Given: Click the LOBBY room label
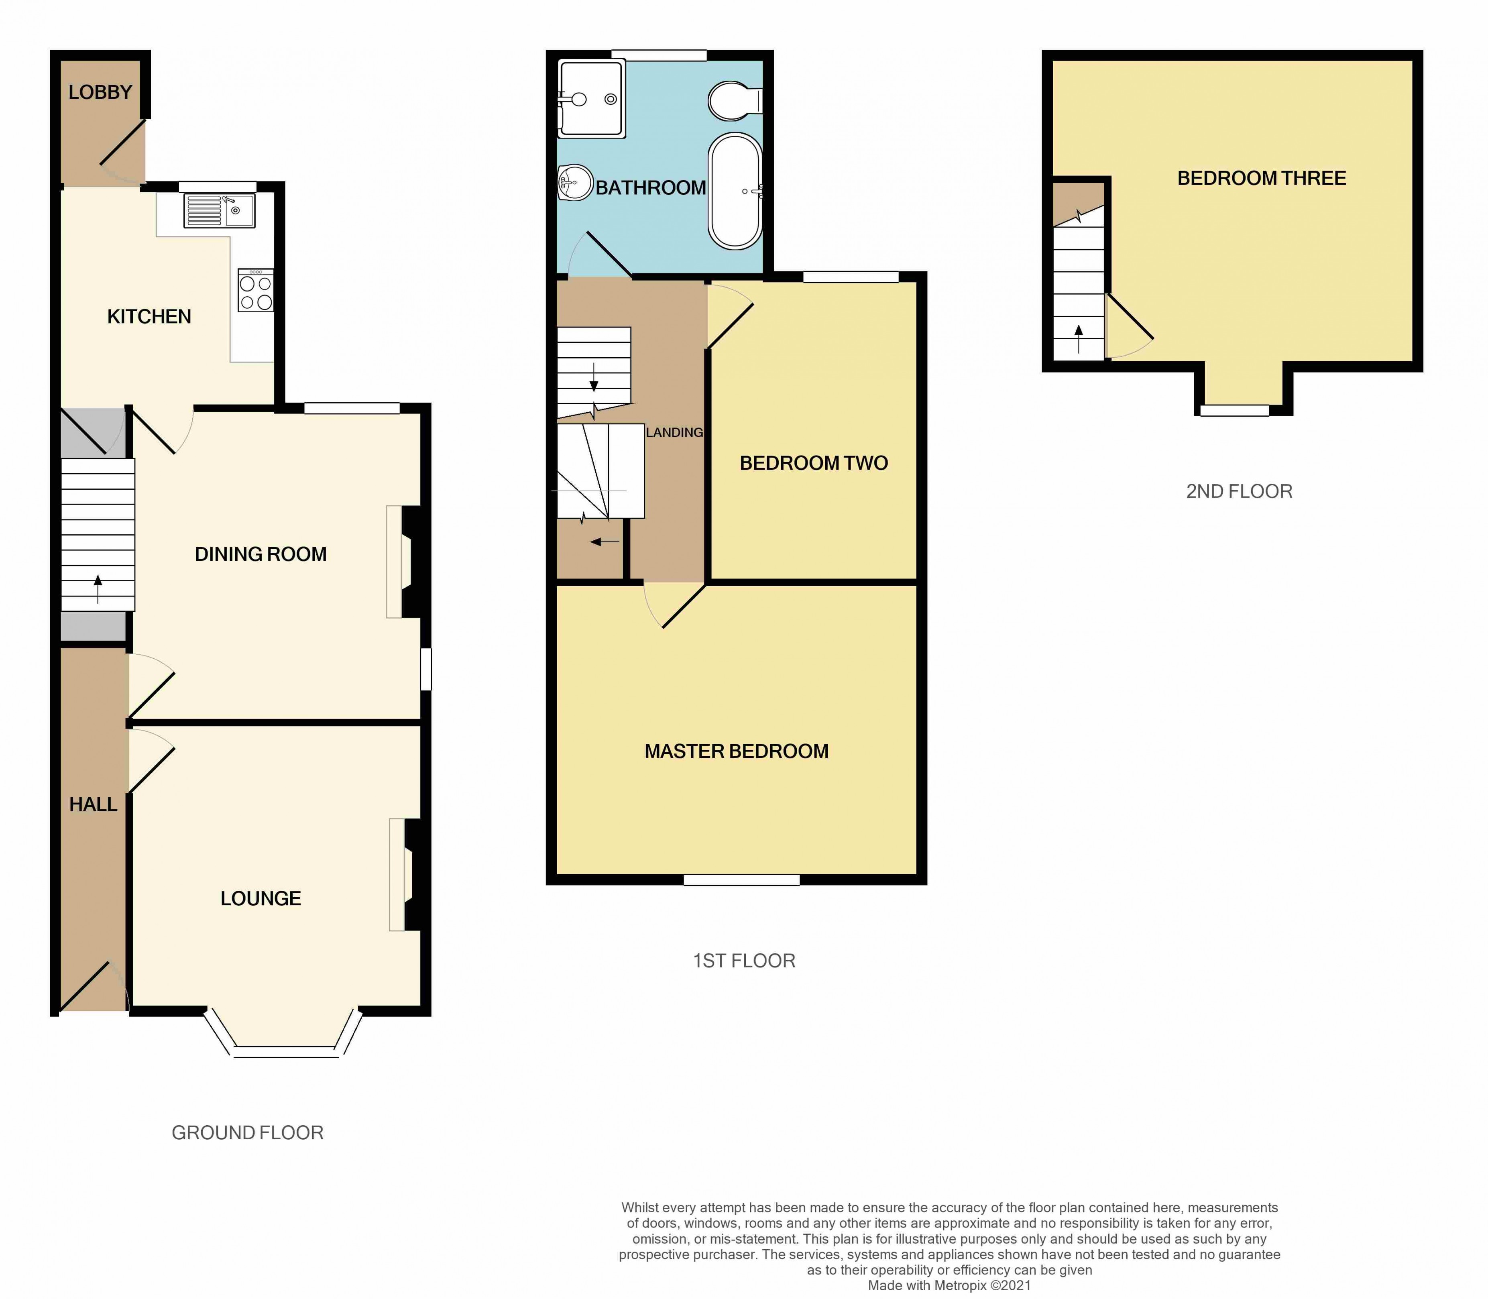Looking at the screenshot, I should pos(100,92).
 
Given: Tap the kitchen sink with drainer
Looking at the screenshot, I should pos(219,211).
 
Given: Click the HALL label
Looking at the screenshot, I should pos(93,804).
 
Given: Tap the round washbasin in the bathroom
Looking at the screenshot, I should pos(575,182).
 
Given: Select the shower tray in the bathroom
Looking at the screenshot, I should pos(591,99).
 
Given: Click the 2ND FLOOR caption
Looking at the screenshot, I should pos(1239,491).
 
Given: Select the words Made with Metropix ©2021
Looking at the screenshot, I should pos(949,1285).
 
